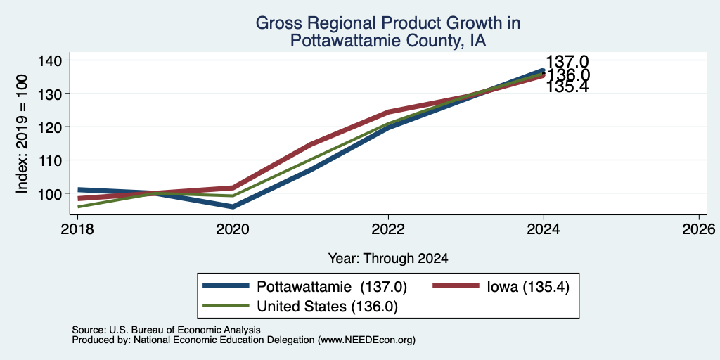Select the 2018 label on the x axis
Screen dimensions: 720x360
tap(77, 229)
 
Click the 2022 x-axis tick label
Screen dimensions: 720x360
tap(388, 229)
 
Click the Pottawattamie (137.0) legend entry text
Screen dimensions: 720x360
tap(332, 287)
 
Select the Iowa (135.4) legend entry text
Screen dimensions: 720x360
tap(527, 287)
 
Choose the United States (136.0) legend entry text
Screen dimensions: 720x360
tap(328, 307)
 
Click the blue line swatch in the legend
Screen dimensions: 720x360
tap(226, 286)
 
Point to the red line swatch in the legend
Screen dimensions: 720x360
tap(456, 286)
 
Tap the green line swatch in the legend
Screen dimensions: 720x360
tap(226, 306)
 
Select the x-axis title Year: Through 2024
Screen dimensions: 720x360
tap(388, 259)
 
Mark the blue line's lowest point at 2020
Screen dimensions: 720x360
tap(233, 207)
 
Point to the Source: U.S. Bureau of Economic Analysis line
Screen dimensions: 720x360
tap(166, 330)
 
